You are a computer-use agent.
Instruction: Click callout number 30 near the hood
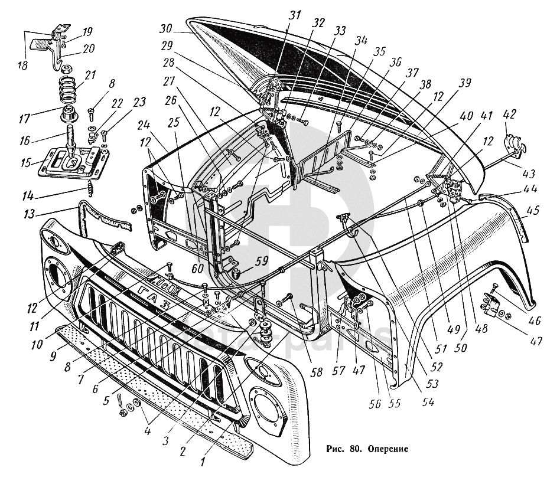tap(165, 28)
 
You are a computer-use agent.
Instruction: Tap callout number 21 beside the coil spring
tap(90, 76)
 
